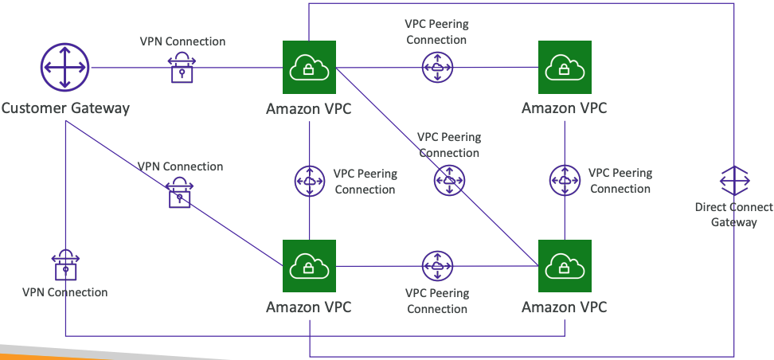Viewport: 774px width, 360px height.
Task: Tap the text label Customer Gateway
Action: point(65,108)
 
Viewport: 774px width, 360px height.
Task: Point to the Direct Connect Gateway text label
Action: point(733,214)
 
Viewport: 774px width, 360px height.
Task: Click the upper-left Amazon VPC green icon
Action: point(309,68)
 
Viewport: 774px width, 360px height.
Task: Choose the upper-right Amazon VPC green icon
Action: point(565,68)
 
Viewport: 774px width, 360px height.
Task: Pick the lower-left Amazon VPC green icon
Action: point(309,266)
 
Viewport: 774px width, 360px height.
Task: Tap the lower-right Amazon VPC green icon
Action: point(565,266)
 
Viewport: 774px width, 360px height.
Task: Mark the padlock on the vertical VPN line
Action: point(65,264)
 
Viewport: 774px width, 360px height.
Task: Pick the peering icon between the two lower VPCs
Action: point(436,266)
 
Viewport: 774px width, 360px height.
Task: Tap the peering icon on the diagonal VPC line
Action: point(449,181)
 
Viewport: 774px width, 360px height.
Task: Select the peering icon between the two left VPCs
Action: point(309,181)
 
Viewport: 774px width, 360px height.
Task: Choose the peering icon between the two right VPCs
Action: point(565,180)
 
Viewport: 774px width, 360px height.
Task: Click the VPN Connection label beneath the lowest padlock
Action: point(65,292)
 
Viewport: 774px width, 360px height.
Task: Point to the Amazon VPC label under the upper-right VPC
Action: point(565,108)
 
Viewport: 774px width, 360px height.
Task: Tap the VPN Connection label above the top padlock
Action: point(182,41)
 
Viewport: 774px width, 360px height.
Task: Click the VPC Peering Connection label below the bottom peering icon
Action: point(436,301)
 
